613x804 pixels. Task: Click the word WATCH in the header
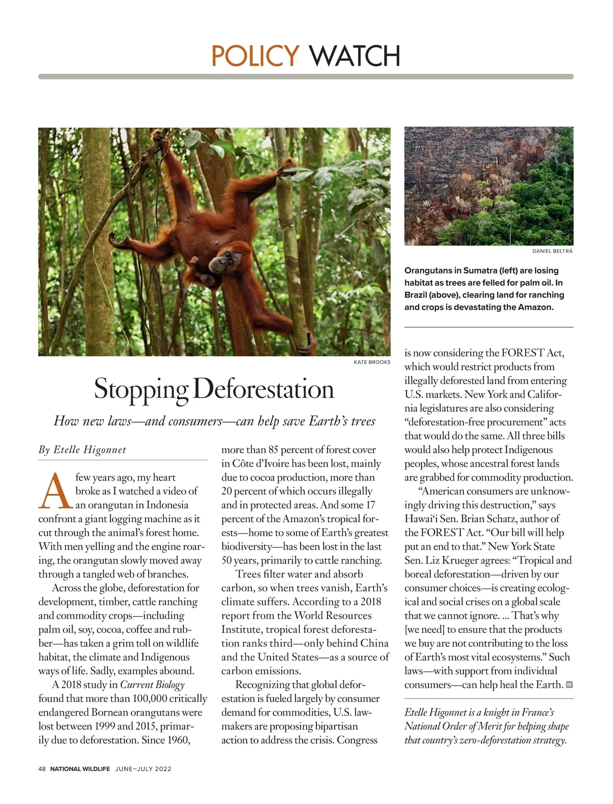tap(355, 56)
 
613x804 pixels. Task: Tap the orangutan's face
tap(222, 263)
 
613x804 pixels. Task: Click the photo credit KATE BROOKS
tap(372, 362)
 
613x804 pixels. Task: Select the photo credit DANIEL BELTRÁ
tap(552, 251)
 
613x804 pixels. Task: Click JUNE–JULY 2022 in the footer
tap(143, 769)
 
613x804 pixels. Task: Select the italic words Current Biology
tap(152, 685)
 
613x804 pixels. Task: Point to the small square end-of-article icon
tap(570, 685)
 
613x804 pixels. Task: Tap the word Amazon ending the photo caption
tap(534, 307)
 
